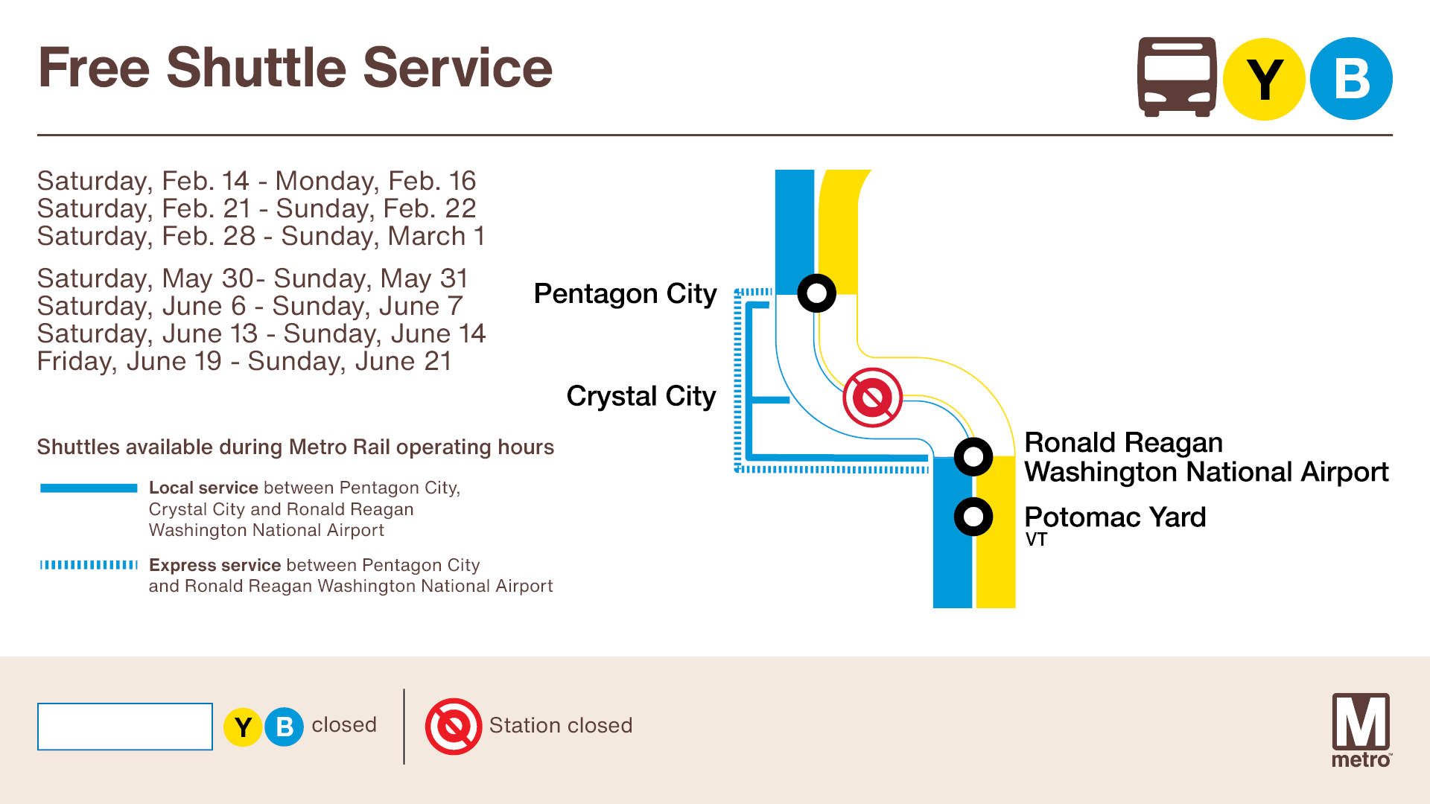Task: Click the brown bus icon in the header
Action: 1176,77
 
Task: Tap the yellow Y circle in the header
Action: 1264,79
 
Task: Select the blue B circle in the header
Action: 1351,79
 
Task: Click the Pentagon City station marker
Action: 816,293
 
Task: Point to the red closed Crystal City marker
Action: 872,398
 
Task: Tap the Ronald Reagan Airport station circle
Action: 973,456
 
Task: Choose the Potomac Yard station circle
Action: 973,517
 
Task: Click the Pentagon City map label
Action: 625,294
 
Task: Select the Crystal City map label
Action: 641,396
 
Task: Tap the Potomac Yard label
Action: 1114,517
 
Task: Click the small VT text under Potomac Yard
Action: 1036,540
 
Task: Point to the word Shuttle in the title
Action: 256,68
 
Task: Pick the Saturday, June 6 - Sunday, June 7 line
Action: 250,306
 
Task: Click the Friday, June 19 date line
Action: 244,361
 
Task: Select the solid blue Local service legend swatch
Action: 89,488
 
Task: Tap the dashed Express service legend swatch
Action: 89,565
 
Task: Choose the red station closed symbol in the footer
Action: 454,727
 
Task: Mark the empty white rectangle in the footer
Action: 125,727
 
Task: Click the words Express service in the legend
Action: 214,565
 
